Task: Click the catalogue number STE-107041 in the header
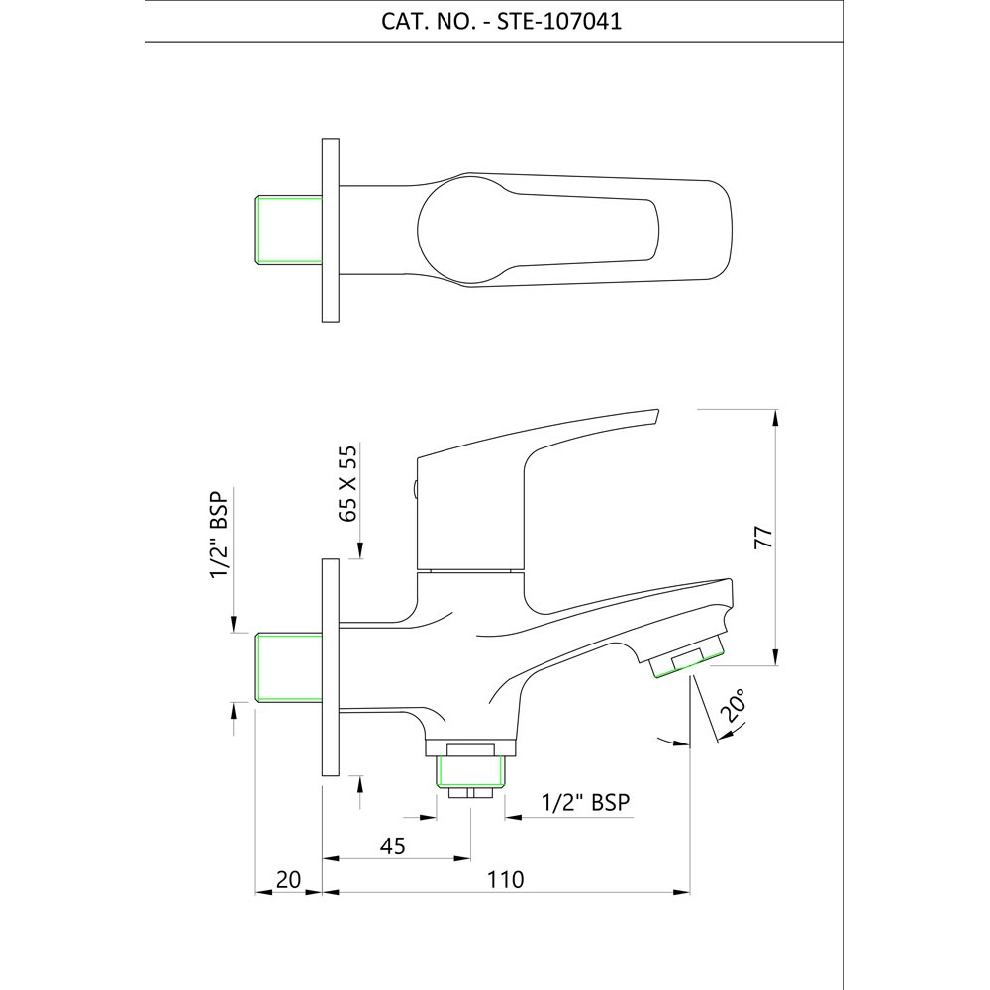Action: coord(559,22)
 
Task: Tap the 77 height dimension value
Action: coord(763,537)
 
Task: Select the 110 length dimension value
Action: coord(506,879)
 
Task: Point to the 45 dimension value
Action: coord(393,846)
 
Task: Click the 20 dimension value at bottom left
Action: coord(288,879)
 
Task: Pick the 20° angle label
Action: coord(737,705)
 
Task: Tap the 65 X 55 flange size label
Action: coord(347,483)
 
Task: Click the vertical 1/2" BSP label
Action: coord(221,535)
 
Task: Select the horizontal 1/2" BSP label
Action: coord(586,802)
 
